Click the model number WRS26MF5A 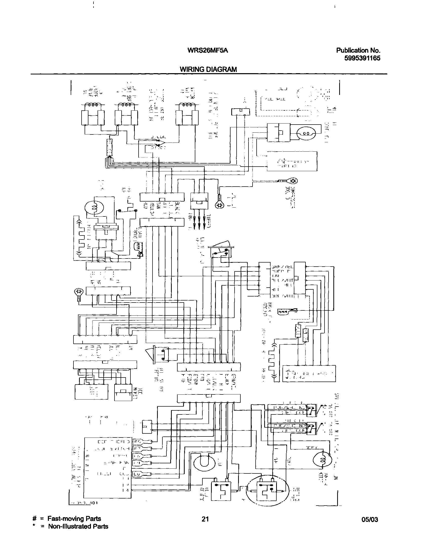tap(208, 50)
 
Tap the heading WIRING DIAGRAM tap(208, 69)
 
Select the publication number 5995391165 tap(362, 58)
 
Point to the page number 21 tap(205, 519)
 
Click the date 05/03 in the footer tap(370, 520)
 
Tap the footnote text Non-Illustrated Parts tap(78, 526)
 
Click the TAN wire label tap(159, 206)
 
